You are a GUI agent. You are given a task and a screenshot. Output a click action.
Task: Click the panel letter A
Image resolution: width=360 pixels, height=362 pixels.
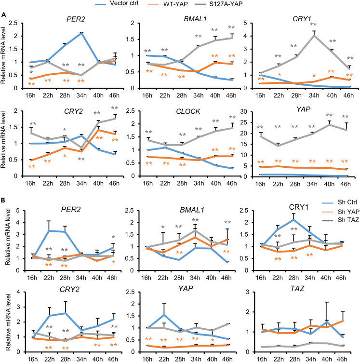4,15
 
